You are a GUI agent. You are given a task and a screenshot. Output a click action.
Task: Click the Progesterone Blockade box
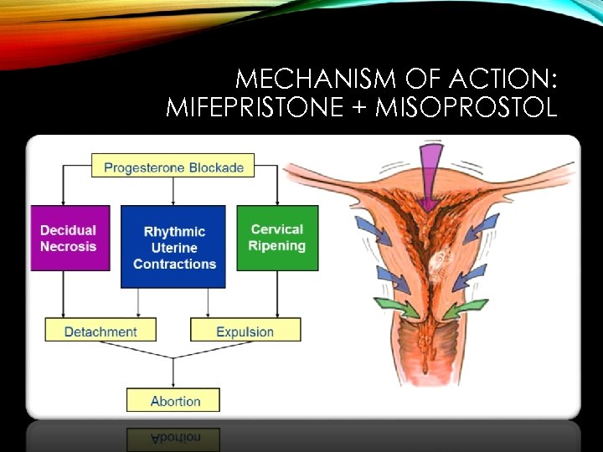[173, 167]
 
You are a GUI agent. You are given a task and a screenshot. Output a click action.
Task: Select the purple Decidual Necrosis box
[70, 238]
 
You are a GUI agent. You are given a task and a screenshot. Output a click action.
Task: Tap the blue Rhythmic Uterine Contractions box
[173, 247]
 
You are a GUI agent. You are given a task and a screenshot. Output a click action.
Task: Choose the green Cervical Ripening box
[277, 238]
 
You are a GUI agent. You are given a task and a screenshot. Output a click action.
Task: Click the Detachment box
[101, 331]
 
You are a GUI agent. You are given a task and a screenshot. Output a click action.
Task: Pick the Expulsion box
[245, 331]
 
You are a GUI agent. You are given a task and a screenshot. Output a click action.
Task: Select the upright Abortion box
[173, 400]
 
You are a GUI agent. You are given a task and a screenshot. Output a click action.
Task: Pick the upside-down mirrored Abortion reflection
[173, 438]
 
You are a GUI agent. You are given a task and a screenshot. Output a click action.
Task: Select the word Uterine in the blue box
[174, 248]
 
